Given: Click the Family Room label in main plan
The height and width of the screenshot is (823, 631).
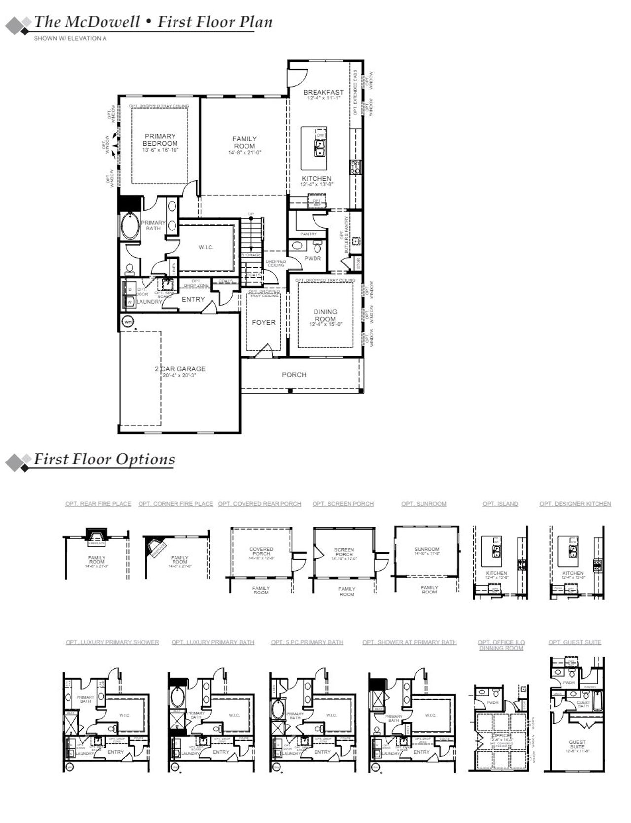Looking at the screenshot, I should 245,142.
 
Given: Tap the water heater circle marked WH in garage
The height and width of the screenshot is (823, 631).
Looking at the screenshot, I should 128,322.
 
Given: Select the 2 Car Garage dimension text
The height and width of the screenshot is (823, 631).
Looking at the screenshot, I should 180,375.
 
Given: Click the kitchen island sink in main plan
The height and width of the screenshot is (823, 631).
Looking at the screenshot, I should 320,147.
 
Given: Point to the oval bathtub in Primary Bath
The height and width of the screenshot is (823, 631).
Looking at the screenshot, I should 130,227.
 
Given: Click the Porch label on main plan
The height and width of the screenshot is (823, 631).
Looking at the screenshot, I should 294,375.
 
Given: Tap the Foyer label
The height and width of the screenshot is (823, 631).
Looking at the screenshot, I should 264,322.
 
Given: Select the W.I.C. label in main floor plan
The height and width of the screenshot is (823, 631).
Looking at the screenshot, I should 206,247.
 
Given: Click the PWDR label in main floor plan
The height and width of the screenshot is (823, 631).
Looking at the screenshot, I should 313,258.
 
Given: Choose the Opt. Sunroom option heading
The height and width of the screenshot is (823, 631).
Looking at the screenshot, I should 423,504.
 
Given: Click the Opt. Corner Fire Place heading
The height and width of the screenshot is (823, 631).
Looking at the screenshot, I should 175,504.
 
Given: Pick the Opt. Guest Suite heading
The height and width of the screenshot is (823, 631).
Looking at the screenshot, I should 574,642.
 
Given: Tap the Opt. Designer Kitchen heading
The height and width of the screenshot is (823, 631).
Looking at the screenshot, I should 575,504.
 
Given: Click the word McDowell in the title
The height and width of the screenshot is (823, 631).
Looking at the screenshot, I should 102,22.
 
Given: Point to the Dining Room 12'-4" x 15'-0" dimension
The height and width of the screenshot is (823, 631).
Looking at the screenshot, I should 325,325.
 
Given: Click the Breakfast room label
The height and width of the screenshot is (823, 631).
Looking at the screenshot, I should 323,92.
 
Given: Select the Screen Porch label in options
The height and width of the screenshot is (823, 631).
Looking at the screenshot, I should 344,552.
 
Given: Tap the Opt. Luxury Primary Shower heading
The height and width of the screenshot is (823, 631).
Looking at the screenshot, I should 112,642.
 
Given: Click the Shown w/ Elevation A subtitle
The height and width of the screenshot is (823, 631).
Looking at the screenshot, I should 70,38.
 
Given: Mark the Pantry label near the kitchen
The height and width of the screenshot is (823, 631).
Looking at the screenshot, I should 309,234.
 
